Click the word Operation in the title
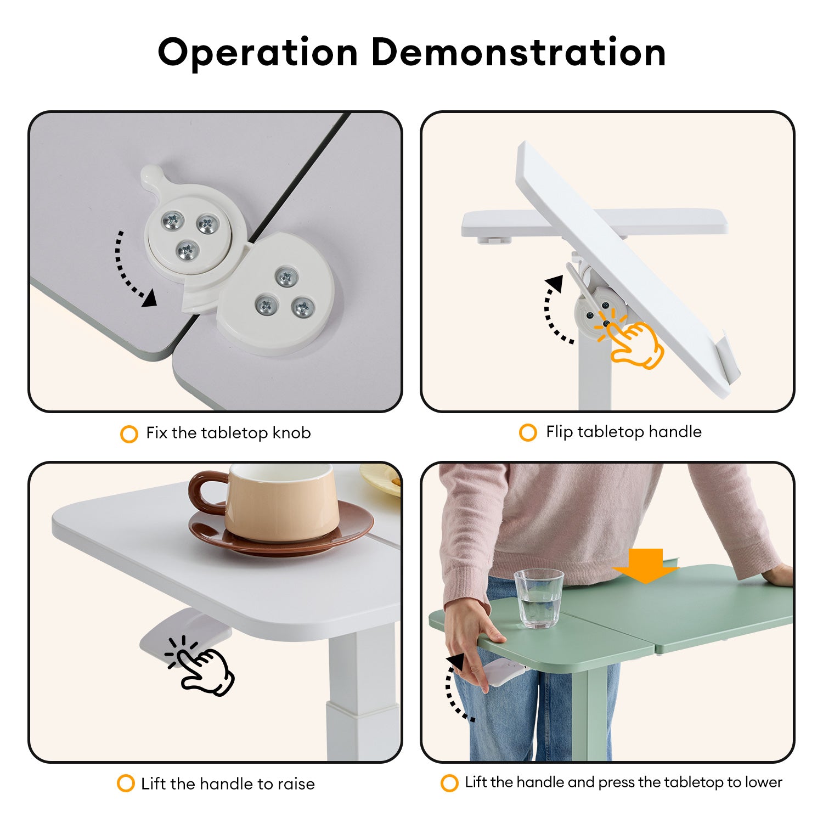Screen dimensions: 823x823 (x=258, y=53)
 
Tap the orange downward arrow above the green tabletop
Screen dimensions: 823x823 (x=647, y=566)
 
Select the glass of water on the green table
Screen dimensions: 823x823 (x=539, y=598)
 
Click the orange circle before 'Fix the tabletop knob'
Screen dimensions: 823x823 (x=128, y=434)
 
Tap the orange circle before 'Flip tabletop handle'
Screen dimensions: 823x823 (x=527, y=432)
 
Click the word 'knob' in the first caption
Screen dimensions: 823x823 (x=291, y=433)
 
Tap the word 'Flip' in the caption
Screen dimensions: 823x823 (x=559, y=432)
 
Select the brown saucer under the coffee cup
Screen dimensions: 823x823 (x=281, y=529)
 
